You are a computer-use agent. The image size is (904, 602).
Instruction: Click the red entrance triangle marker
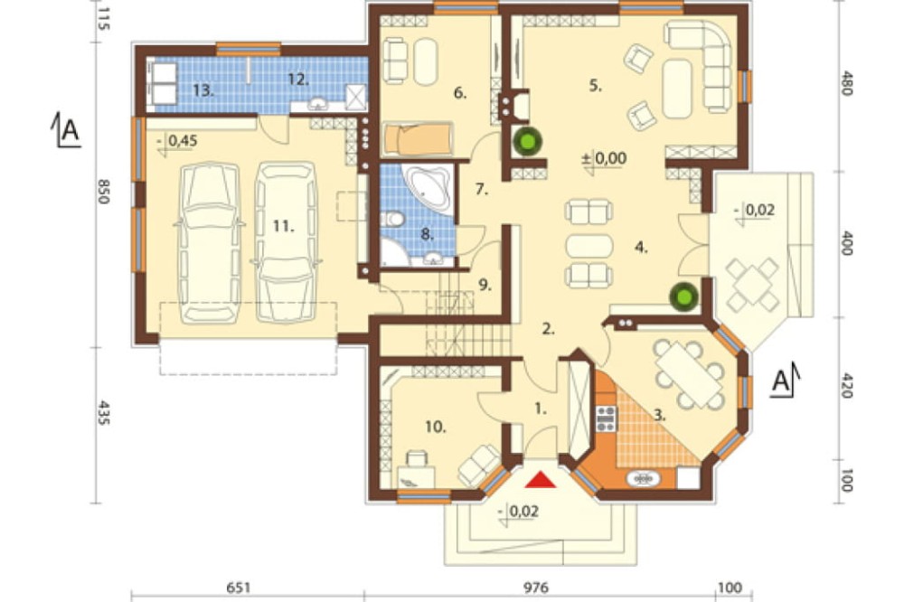[541, 480]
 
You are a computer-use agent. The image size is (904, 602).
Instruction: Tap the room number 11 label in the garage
[283, 226]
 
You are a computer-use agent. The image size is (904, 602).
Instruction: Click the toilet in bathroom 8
[392, 219]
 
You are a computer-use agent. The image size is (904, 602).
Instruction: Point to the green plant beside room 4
[683, 297]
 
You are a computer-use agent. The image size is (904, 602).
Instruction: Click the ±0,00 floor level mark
[604, 158]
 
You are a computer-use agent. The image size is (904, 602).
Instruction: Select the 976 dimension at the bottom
[535, 588]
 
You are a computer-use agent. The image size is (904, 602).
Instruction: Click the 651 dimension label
[238, 588]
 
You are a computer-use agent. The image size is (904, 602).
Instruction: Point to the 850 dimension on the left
[103, 192]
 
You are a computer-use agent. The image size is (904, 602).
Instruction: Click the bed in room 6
[418, 139]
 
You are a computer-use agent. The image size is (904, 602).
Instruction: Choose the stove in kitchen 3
[606, 419]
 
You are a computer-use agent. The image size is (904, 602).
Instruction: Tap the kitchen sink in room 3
[644, 478]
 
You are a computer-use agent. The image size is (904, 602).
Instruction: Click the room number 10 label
[436, 427]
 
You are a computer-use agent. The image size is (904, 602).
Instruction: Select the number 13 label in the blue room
[203, 90]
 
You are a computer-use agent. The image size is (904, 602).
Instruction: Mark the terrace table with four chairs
[753, 285]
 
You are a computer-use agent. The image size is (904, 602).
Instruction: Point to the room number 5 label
[595, 86]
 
